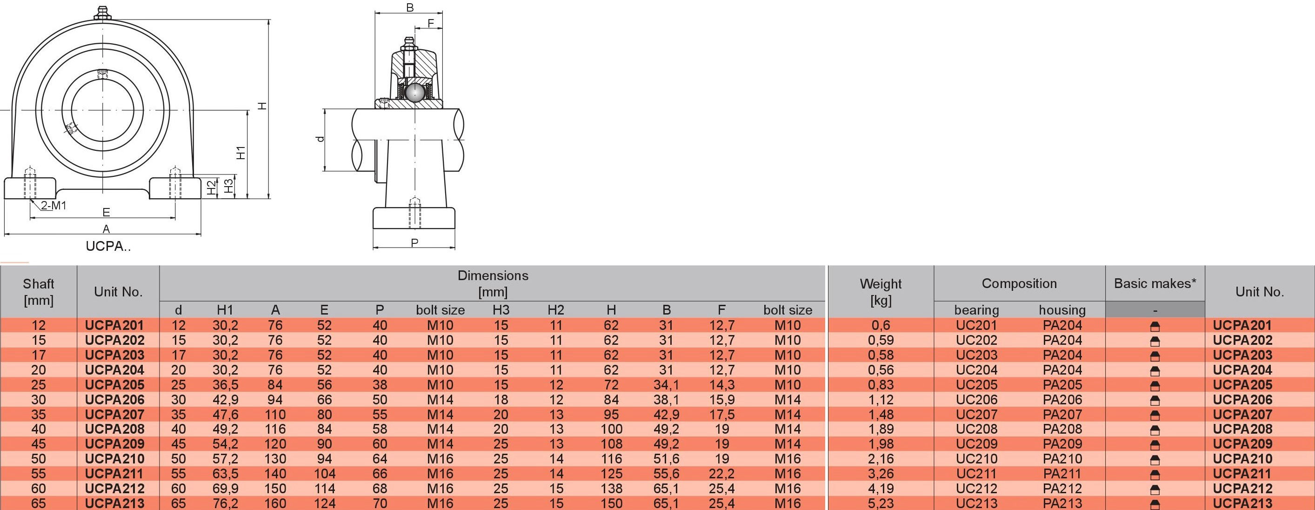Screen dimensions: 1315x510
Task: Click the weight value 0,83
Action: pos(881,385)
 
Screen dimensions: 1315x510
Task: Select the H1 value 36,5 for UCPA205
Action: pos(225,385)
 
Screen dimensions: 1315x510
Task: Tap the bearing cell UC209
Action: pos(976,444)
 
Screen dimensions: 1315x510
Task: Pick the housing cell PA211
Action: pos(1062,474)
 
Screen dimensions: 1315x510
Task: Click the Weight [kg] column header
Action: pos(881,292)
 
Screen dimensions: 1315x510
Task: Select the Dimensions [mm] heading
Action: pos(493,284)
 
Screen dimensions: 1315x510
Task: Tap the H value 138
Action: pos(611,489)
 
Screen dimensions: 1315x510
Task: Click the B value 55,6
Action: pos(666,474)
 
